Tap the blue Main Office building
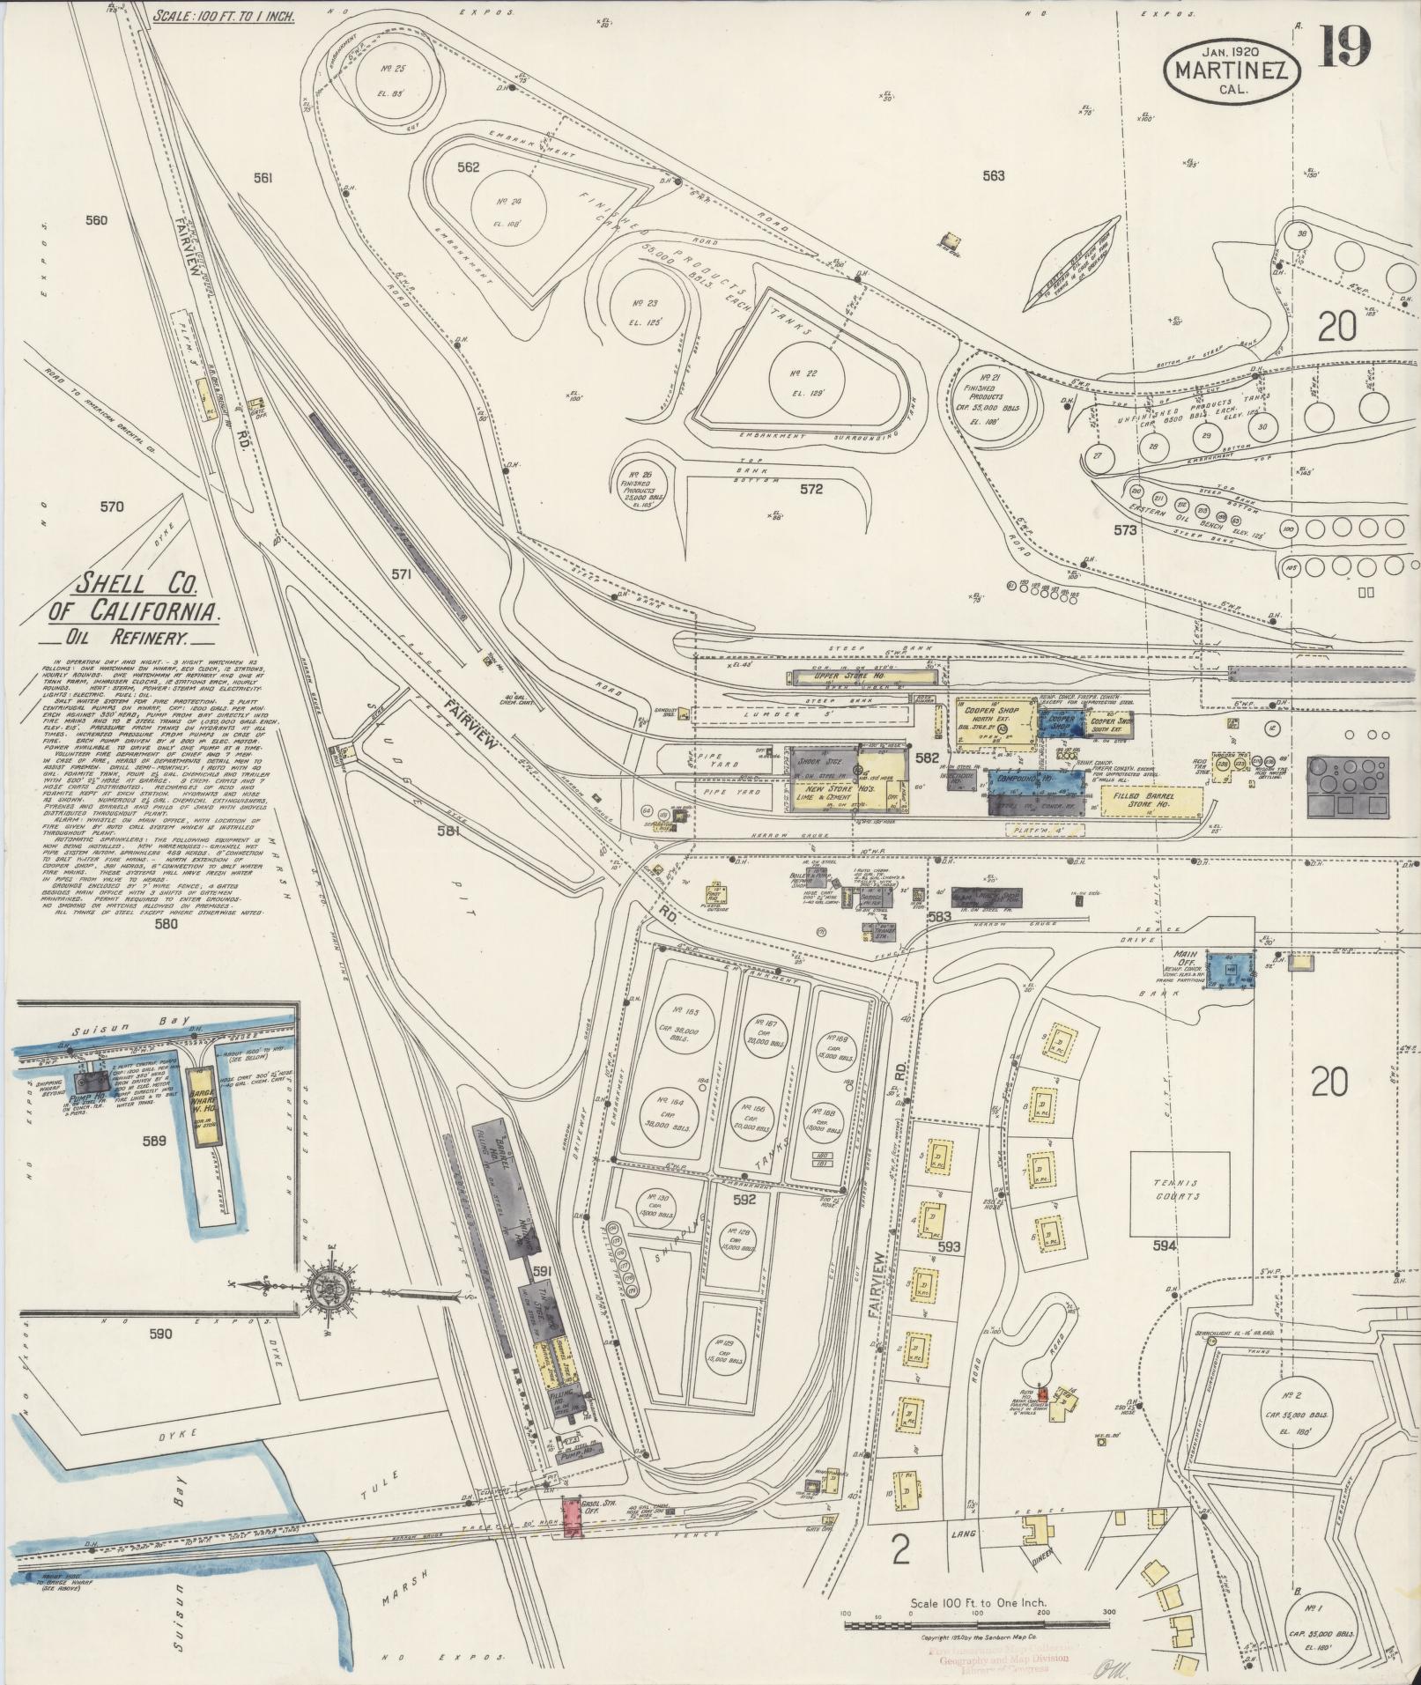1230,969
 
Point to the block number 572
810,489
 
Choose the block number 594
1164,1245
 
